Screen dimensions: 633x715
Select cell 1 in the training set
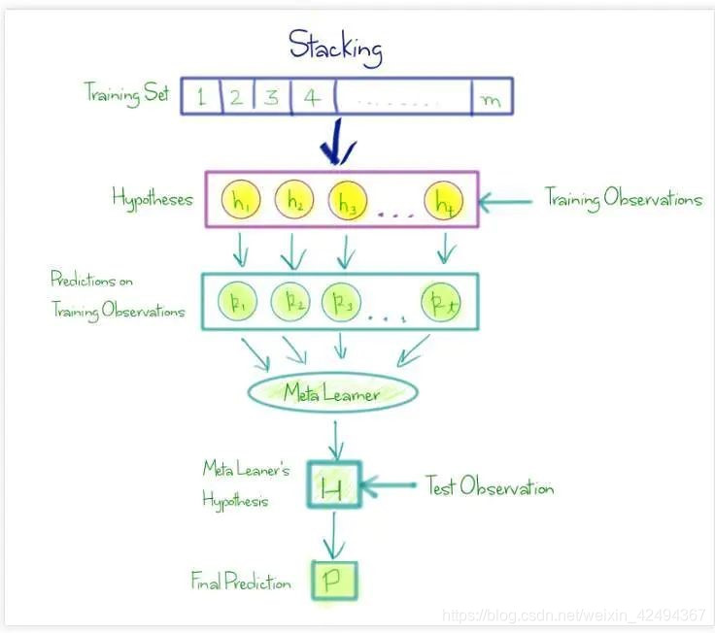[x=201, y=97]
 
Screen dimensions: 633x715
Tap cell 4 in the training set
[x=312, y=97]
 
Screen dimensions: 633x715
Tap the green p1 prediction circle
[x=236, y=301]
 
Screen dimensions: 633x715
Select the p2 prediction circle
[x=290, y=301]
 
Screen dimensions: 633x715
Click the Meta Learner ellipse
[x=332, y=393]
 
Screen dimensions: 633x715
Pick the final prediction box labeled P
[x=333, y=581]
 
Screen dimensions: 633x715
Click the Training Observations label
[x=623, y=199]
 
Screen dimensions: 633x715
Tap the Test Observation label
[x=490, y=486]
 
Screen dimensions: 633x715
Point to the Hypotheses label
[x=152, y=199]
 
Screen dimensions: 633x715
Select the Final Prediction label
[x=241, y=583]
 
